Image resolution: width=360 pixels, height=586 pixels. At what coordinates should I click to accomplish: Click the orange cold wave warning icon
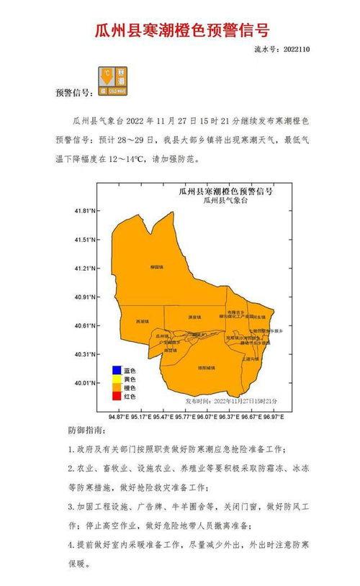tap(114, 81)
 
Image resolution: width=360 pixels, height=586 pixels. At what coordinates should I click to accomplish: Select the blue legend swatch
tap(115, 371)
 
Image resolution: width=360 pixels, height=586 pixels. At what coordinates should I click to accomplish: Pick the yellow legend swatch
tap(115, 379)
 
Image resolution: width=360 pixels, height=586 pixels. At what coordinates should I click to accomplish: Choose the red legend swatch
tap(115, 397)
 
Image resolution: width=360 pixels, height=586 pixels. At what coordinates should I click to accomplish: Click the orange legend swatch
tap(115, 388)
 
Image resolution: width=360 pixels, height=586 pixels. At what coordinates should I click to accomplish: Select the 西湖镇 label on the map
tap(143, 322)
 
